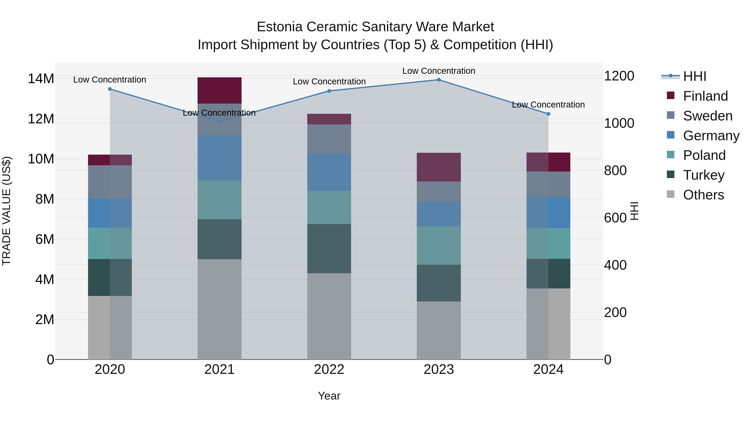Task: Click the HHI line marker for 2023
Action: pos(439,80)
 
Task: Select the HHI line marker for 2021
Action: pos(219,121)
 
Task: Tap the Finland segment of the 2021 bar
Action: pos(219,90)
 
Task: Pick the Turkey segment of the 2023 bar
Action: pos(439,283)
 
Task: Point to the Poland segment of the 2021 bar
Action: pos(219,200)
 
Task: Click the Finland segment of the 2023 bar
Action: pos(439,167)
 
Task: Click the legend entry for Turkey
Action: pos(703,175)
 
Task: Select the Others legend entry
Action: pos(703,195)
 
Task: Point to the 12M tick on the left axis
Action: pos(41,119)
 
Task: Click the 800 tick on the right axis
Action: pos(615,170)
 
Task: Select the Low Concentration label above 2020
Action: pos(110,80)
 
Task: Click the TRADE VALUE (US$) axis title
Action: pos(7,211)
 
